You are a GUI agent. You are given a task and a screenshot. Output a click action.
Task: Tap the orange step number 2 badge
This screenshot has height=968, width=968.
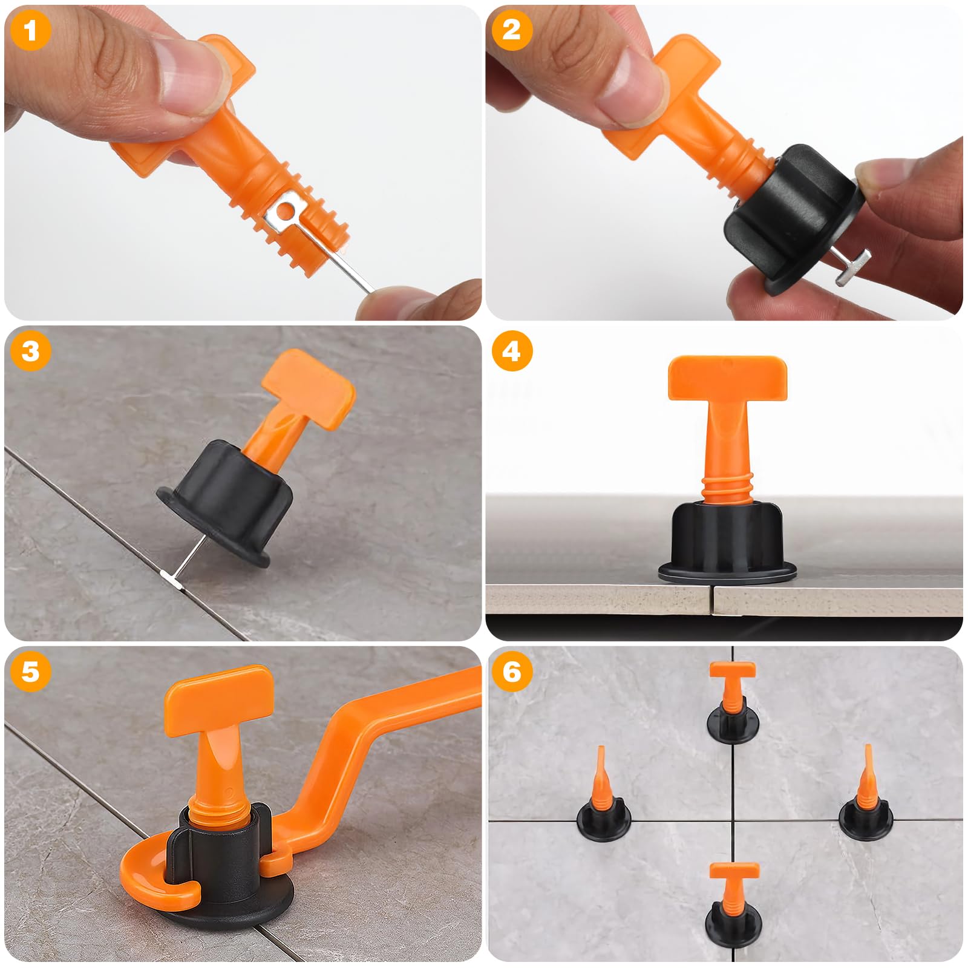tap(512, 30)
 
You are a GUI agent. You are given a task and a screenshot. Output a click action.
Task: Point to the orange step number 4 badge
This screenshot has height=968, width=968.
tap(512, 351)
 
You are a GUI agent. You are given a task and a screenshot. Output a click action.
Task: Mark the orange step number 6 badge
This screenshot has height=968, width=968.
tap(512, 672)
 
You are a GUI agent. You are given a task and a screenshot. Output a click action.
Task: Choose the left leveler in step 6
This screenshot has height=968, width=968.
tap(603, 799)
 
